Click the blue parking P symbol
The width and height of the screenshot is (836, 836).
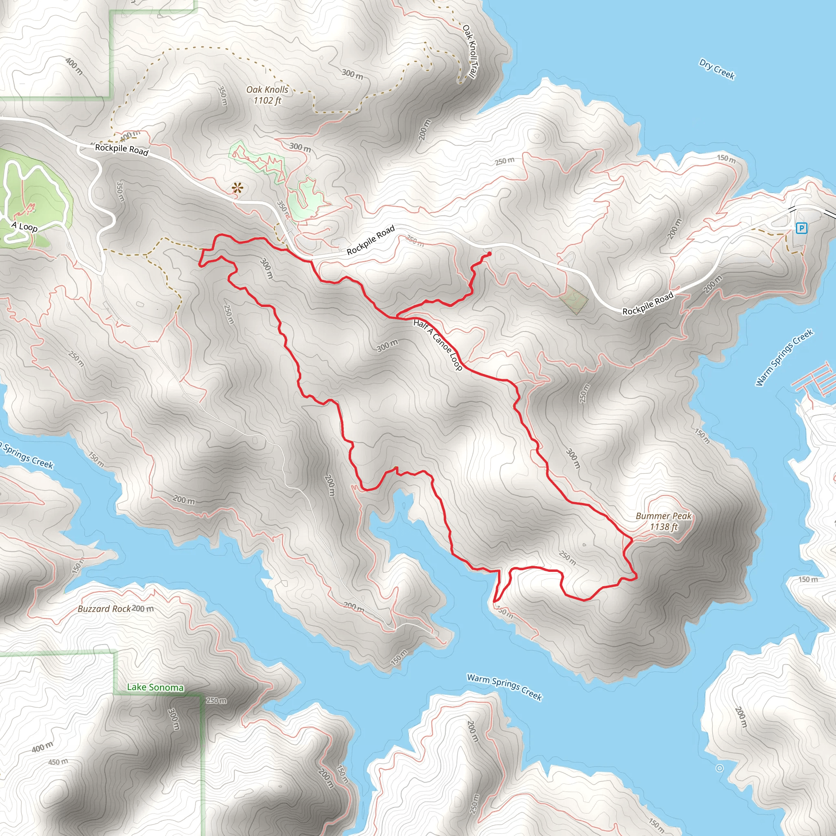(801, 228)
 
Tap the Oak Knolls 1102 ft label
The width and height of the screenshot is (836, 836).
(267, 95)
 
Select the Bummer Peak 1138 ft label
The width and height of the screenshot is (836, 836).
(663, 521)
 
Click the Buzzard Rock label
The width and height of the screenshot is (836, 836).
(104, 609)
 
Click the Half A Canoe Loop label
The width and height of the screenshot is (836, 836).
(438, 345)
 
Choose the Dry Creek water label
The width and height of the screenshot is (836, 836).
(717, 69)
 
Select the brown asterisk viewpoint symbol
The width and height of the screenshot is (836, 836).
(237, 188)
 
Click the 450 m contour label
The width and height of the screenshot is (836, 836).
(58, 762)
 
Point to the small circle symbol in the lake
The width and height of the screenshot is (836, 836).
(720, 768)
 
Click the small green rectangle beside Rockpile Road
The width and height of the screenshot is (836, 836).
(574, 300)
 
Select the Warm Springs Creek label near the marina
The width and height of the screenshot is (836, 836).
(784, 358)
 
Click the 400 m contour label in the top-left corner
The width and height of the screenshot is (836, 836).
(74, 66)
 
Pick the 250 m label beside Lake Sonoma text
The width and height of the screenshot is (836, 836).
(216, 700)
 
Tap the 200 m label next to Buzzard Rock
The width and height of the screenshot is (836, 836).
(143, 608)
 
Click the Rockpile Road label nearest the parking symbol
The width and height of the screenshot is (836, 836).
(648, 303)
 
